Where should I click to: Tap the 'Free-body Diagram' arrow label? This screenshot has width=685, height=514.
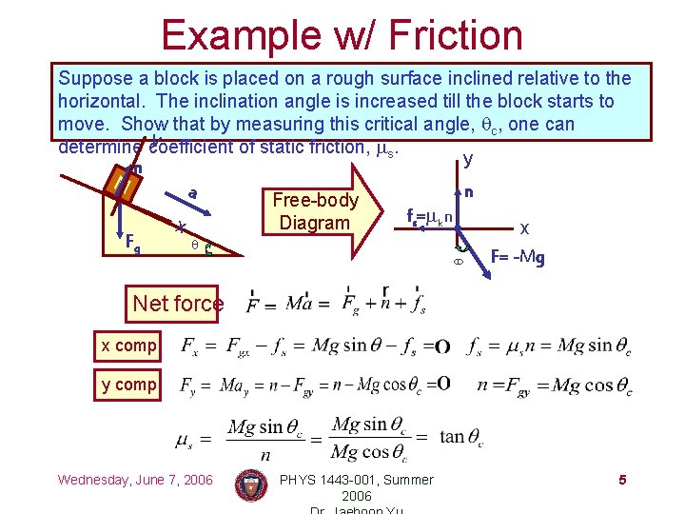point(315,211)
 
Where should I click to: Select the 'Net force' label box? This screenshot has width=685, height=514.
point(178,304)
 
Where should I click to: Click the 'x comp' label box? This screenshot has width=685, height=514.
point(128,346)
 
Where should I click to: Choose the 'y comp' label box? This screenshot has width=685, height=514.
point(128,385)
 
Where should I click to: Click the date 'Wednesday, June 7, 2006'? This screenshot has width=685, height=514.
point(135,479)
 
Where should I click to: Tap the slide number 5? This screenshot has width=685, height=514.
point(621,479)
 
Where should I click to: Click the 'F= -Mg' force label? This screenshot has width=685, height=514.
point(519,256)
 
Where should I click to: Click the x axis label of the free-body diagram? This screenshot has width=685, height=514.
point(524,227)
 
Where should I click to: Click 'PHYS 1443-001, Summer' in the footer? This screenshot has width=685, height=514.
point(356,479)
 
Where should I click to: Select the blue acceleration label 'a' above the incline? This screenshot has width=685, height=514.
point(192,193)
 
